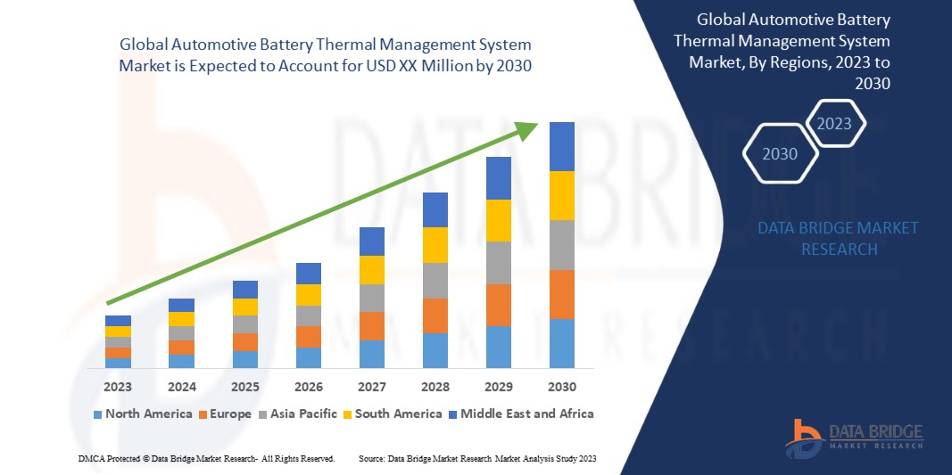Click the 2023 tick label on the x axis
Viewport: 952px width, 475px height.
click(118, 388)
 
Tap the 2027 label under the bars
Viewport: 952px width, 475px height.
click(371, 388)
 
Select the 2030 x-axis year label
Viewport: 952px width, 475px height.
click(561, 388)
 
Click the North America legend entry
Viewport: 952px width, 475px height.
click(142, 414)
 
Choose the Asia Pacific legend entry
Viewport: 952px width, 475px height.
click(297, 414)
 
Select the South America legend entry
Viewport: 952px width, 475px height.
click(392, 414)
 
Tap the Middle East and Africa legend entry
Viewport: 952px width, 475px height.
click(521, 414)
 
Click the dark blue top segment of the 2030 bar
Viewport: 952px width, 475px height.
click(561, 146)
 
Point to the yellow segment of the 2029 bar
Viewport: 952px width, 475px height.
click(498, 220)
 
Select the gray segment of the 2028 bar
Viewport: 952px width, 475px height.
click(435, 280)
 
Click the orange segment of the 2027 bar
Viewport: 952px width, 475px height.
click(371, 326)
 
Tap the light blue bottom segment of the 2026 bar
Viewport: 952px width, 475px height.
click(308, 357)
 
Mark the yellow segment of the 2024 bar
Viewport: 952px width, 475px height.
click(181, 319)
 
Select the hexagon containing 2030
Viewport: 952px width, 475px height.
click(780, 154)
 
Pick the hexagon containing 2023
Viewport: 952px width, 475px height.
click(834, 123)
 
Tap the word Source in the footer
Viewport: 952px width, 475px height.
click(371, 458)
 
